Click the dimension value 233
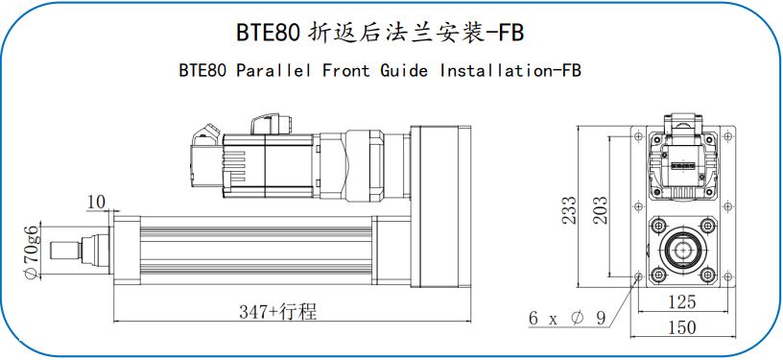570,209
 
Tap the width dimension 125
681,301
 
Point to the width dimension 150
681,327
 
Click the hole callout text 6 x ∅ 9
567,318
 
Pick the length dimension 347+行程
277,312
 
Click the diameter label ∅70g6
31,252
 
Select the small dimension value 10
97,202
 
